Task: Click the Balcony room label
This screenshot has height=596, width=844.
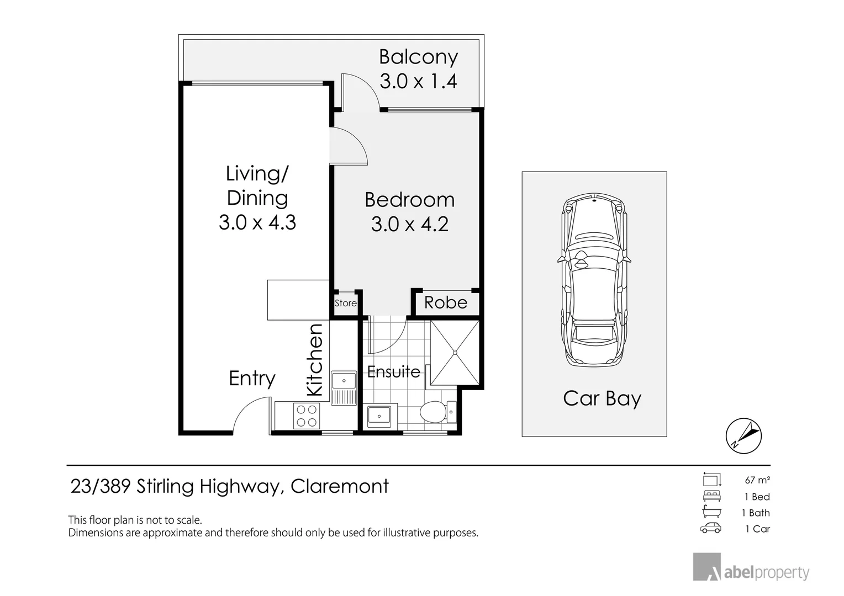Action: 418,57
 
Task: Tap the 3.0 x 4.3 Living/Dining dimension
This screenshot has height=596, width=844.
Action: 257,222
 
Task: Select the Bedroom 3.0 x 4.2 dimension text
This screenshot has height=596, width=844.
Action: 410,224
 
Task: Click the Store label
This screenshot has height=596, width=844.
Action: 346,303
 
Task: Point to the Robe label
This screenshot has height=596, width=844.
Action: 446,302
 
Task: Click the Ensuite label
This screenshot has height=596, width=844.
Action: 394,372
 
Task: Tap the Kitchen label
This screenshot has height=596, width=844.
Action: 315,360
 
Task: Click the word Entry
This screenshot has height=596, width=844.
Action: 252,379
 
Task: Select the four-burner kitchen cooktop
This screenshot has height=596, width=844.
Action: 307,416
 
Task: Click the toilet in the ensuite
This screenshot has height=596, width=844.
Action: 438,412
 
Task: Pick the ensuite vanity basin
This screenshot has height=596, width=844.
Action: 379,416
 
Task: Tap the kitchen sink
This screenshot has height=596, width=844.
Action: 344,388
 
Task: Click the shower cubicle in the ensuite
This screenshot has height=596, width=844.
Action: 455,353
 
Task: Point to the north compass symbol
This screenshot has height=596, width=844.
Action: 743,435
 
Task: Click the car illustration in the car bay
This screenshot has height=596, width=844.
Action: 594,280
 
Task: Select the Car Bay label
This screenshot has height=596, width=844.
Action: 602,399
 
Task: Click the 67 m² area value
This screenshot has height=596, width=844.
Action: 757,480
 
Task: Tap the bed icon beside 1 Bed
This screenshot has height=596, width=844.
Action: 712,496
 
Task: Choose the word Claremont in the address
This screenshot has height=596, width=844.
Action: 340,486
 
